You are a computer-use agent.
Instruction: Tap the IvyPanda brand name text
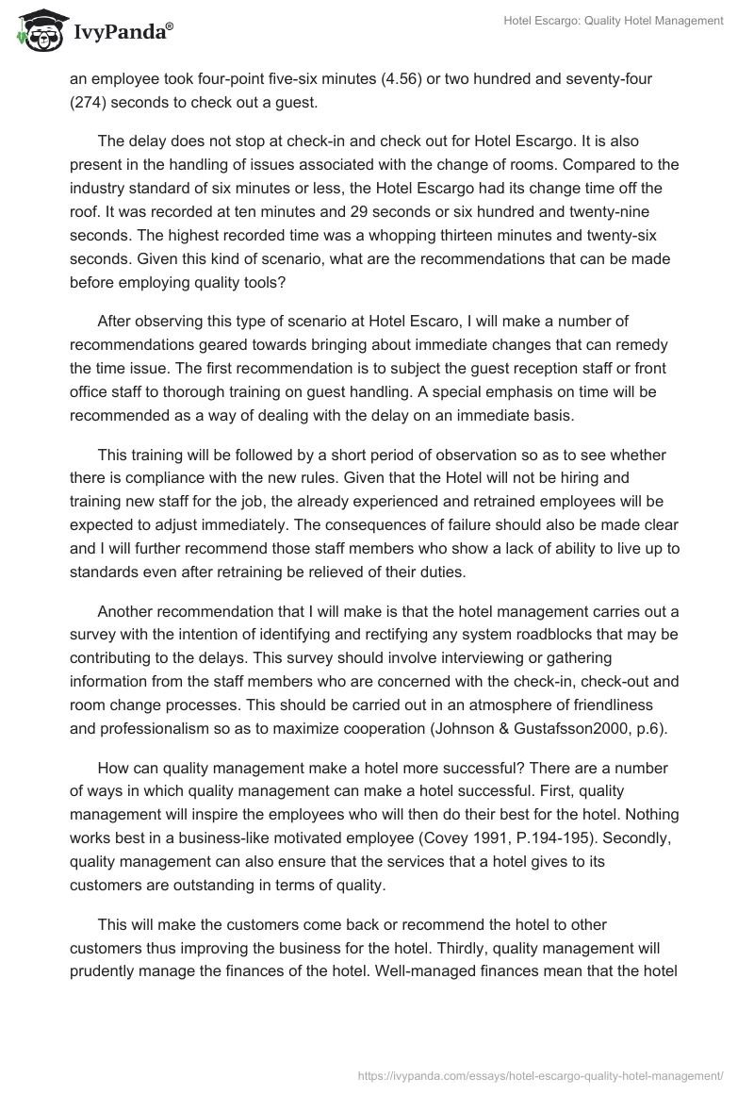click(x=121, y=32)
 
